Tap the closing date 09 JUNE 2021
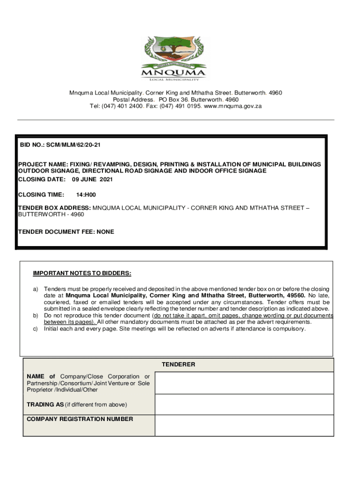(x=92, y=180)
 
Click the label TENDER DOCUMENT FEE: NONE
(x=66, y=232)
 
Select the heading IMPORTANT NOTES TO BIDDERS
(x=82, y=273)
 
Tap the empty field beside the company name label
(x=244, y=383)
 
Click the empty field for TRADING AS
(x=244, y=405)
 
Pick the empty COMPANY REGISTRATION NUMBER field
(x=244, y=425)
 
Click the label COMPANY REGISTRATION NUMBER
(x=80, y=419)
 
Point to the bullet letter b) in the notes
(x=35, y=316)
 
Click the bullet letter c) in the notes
(x=35, y=329)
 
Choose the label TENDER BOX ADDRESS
(x=54, y=208)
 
